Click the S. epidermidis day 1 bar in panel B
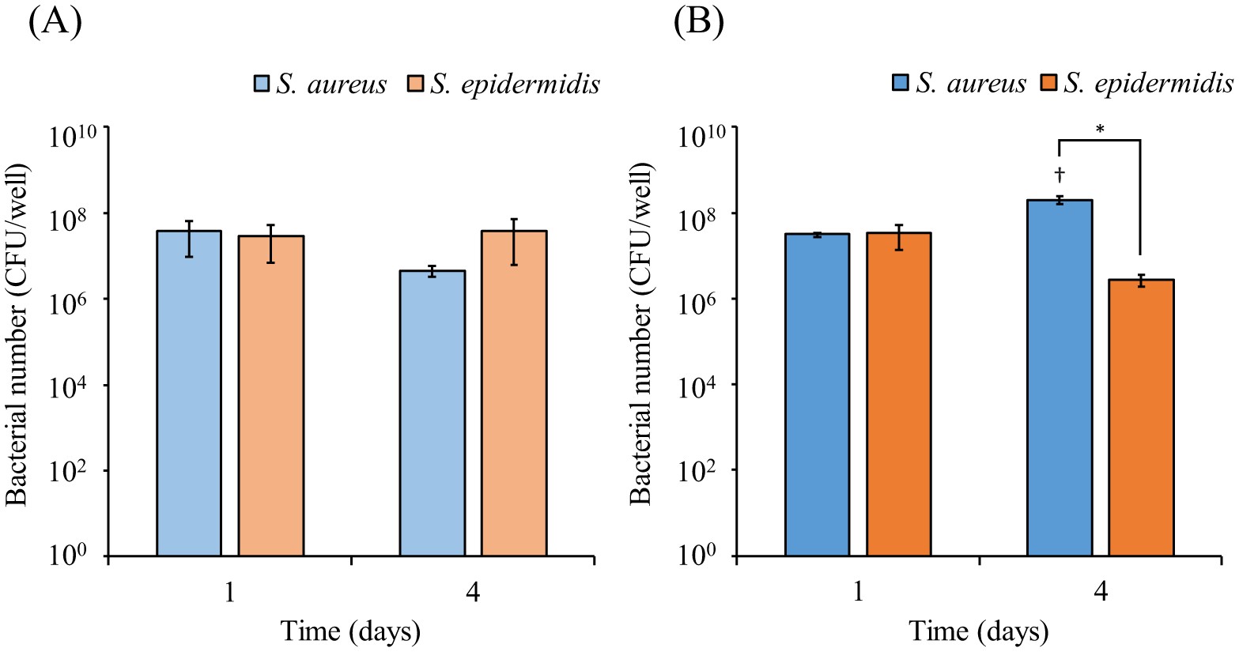[899, 394]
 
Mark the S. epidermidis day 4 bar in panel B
[1141, 418]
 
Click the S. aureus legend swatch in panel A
[263, 84]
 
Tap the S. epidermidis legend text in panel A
[516, 84]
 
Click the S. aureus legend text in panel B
[971, 83]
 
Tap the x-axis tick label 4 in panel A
[473, 593]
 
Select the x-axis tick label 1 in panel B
[859, 593]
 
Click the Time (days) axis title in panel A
[350, 631]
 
